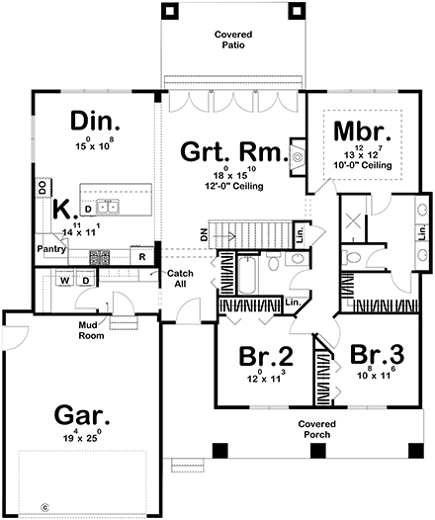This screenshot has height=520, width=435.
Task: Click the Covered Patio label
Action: pos(233,40)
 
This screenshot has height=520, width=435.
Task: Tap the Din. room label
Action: pos(95,122)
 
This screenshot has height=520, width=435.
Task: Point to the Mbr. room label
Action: pos(365,131)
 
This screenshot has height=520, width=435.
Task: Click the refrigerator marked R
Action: pos(142,255)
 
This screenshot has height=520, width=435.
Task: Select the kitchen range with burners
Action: pos(100,255)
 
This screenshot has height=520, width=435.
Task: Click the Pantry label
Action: pos(51,250)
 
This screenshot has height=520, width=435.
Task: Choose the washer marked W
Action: pos(64,281)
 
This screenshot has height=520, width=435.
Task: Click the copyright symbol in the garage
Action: pos(43,507)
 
